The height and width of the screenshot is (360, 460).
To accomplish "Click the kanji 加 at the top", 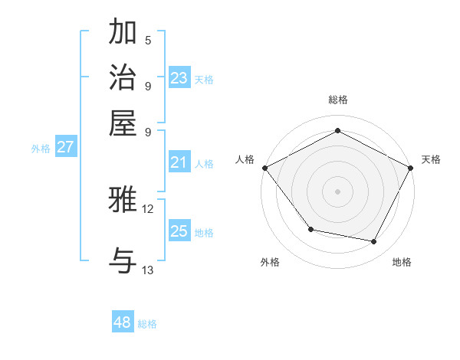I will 123,33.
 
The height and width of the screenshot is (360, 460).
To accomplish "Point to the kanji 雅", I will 123,200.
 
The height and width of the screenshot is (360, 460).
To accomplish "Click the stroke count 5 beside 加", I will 147,41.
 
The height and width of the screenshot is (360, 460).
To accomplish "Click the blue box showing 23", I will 179,78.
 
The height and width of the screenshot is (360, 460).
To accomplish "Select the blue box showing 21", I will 179,162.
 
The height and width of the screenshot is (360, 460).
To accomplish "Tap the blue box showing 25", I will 179,231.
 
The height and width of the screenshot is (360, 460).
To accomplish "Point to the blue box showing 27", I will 65,147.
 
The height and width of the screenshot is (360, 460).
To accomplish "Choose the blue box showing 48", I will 123,322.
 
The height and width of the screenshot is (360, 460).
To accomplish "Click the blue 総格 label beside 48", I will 147,324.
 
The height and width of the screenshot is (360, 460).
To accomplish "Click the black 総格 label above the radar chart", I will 337,100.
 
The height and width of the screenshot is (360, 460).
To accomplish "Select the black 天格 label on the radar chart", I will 431,159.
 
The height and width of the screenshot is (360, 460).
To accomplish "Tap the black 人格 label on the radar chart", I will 245,159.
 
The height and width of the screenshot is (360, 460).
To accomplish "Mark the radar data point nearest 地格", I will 374,241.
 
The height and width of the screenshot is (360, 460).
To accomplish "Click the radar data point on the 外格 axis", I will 310,229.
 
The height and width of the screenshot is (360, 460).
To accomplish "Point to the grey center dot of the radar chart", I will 337,191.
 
